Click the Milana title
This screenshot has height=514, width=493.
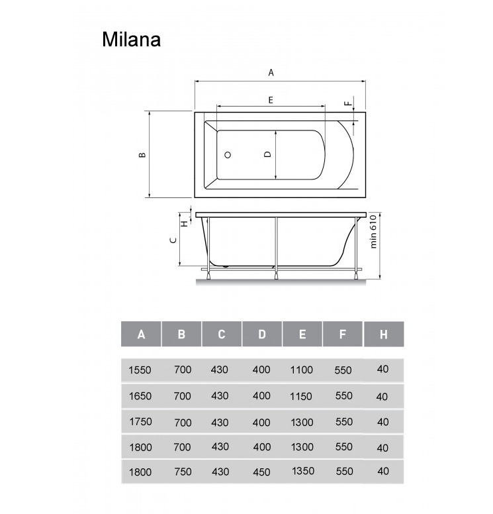131,40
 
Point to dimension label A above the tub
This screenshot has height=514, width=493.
271,73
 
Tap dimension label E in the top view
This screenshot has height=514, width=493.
271,100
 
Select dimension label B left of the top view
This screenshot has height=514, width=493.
142,155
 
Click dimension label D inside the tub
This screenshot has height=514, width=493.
268,154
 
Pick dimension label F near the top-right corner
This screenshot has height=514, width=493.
348,104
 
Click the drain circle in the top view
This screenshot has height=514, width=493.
228,155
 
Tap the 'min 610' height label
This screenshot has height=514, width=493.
373,231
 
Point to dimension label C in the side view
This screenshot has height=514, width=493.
173,240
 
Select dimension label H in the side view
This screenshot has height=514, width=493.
185,224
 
